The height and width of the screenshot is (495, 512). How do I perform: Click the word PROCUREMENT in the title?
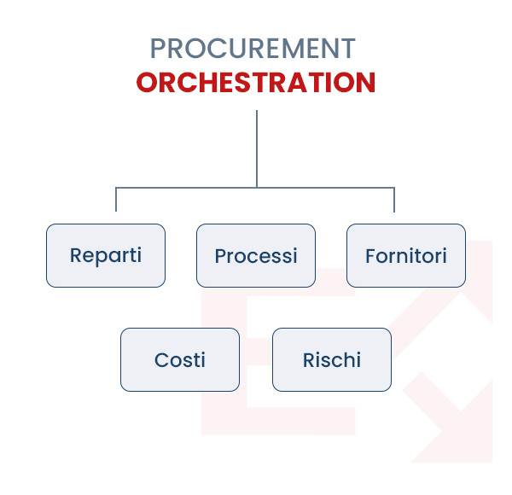253,48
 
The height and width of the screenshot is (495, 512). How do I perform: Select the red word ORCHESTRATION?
256,83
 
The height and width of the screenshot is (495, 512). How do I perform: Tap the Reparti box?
106,255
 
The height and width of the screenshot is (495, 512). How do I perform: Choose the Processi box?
256,255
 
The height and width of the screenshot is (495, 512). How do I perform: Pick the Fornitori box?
406,255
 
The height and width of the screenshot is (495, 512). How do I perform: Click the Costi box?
180,359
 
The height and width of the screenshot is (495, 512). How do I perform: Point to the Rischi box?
332,359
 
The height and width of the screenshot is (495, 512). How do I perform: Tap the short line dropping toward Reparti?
116,200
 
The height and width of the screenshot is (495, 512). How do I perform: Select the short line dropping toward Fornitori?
394,200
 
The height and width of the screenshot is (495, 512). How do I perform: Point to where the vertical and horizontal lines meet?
257,187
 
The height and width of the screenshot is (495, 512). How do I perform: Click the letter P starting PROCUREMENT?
157,48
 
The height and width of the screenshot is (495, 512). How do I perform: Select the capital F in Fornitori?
370,255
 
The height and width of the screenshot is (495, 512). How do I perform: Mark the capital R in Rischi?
308,359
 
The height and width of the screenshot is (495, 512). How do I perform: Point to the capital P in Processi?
219,255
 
